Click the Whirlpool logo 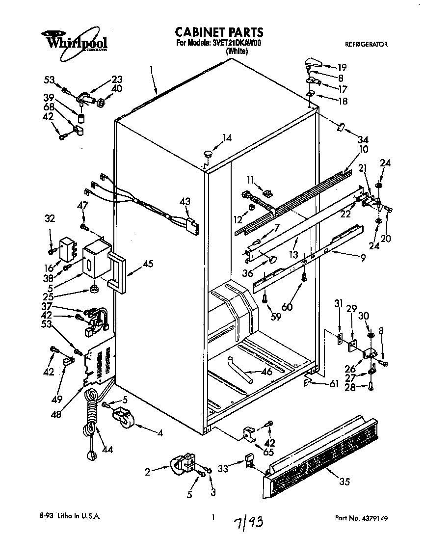(x=74, y=40)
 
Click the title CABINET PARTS (x=219, y=32)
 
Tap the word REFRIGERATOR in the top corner (x=366, y=44)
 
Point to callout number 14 (x=226, y=138)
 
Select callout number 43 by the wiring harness (x=185, y=201)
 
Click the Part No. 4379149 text (x=364, y=517)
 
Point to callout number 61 (x=334, y=384)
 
